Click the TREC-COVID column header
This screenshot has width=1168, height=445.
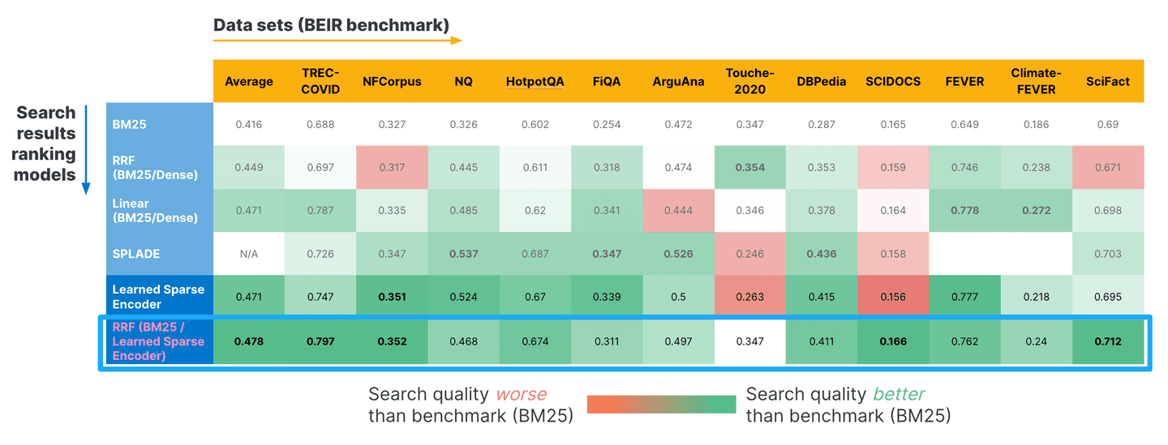point(320,81)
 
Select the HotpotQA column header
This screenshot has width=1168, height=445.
point(535,81)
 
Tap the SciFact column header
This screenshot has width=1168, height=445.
point(1107,81)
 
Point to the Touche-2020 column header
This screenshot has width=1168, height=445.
point(749,81)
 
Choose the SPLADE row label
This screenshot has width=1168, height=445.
point(136,254)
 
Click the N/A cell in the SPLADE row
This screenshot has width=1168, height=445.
point(248,254)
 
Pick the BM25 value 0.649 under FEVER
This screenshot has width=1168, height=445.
point(964,125)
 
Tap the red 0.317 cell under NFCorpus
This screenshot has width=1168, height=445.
point(392,167)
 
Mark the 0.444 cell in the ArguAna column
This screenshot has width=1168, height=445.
point(678,210)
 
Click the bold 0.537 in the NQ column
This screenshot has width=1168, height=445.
point(464,254)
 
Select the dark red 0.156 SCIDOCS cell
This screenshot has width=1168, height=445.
point(893,297)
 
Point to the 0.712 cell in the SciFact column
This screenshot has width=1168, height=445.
point(1107,341)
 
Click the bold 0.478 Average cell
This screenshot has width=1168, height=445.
point(248,341)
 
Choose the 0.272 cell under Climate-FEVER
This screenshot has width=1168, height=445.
point(1036,210)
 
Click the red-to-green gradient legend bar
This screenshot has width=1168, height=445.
point(660,404)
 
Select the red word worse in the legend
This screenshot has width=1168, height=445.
point(521,395)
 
